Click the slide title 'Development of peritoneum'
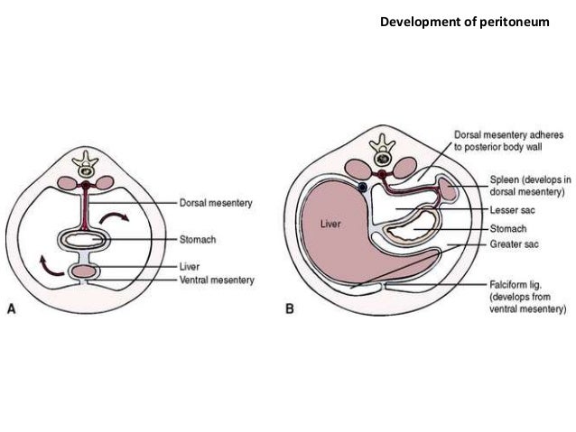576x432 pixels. (463, 20)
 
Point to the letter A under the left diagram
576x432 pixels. (12, 308)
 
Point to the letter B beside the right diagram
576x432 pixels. (290, 308)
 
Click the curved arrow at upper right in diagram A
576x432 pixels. (115, 219)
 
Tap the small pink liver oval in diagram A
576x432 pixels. (87, 271)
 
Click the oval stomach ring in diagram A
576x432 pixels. (87, 241)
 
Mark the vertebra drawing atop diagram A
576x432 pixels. (87, 163)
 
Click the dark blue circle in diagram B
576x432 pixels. (361, 187)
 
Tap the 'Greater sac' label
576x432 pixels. (514, 242)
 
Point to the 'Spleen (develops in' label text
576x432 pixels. (530, 179)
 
